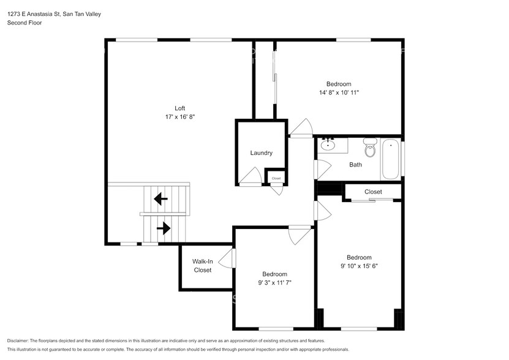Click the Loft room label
180,108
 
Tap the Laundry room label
262,153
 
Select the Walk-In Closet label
203,266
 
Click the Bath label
355,165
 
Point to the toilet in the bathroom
370,148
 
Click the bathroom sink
328,144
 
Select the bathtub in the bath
390,159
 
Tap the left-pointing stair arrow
160,198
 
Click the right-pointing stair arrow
164,228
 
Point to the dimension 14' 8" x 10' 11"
339,92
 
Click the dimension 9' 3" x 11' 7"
274,283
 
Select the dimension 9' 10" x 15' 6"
359,266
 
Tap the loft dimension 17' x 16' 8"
180,117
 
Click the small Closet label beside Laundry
276,178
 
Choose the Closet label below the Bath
373,192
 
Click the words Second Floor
25,23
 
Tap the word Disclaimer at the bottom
18,341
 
